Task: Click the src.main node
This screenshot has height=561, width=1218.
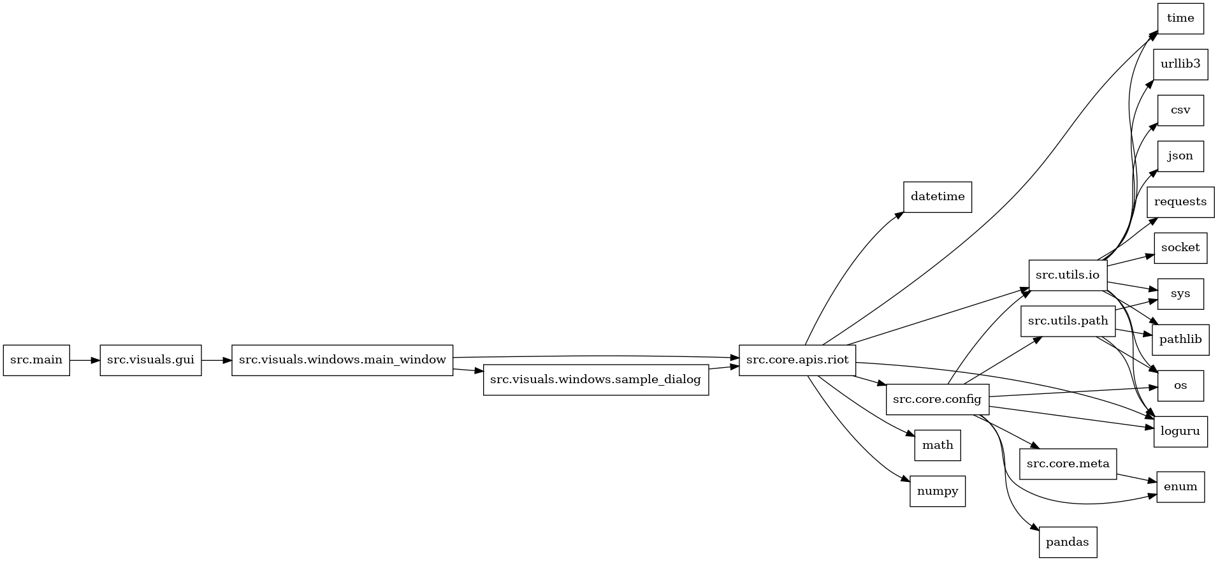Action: click(x=36, y=360)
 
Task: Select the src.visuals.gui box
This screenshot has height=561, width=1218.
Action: click(x=150, y=360)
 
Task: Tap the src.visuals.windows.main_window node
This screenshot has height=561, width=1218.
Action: click(x=342, y=360)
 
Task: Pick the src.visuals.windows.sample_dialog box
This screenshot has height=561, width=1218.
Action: click(x=596, y=380)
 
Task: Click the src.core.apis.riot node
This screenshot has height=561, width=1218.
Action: click(x=797, y=360)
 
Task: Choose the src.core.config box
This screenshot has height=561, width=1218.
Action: click(x=938, y=400)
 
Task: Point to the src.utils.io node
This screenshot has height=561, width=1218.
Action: click(x=1068, y=275)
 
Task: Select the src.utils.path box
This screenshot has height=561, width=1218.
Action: click(x=1068, y=321)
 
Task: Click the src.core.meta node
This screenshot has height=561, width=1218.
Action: click(x=1068, y=464)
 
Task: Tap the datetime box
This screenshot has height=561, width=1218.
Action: click(x=938, y=197)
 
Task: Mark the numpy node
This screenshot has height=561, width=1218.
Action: click(x=938, y=492)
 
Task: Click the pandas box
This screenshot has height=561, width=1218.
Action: click(x=1068, y=543)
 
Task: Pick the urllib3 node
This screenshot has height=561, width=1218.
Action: click(x=1180, y=64)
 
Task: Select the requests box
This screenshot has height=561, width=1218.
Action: click(x=1180, y=202)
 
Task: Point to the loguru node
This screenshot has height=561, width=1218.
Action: click(x=1180, y=432)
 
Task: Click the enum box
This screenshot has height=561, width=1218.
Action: click(x=1180, y=487)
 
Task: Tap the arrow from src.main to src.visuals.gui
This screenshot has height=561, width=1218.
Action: click(x=85, y=360)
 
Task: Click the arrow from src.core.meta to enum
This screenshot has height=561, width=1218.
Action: click(x=1136, y=477)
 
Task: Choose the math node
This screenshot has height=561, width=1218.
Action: click(x=938, y=446)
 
